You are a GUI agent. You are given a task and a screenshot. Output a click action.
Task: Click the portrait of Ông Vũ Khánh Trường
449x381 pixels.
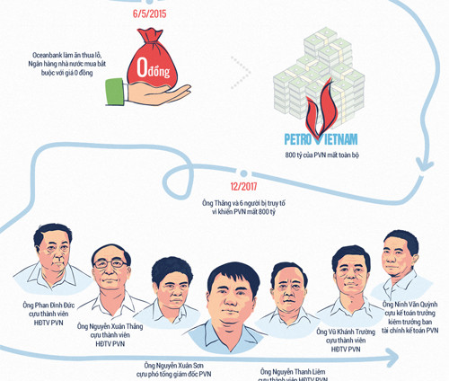click(x=349, y=274)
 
